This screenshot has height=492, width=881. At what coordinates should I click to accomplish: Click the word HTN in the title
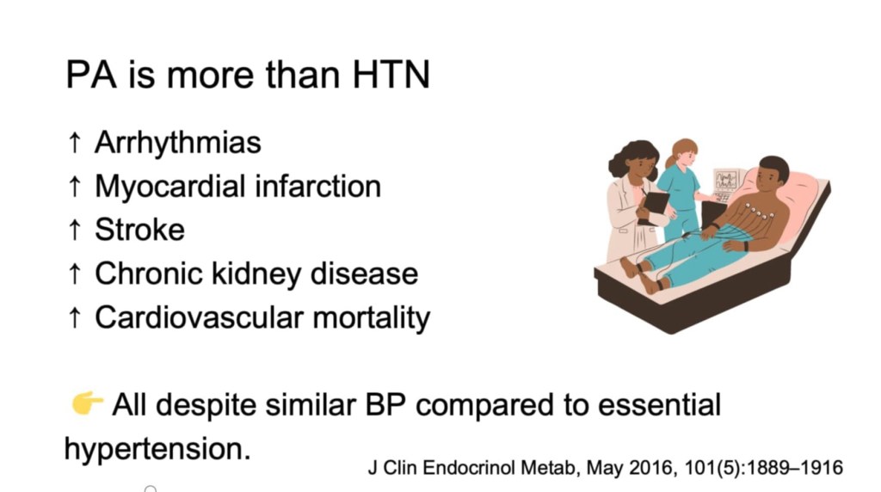coord(391,75)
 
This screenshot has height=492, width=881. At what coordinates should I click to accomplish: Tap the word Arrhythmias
coord(177,142)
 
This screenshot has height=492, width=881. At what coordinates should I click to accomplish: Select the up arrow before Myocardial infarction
coord(74,187)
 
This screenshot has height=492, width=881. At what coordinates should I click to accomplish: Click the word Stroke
coord(139,230)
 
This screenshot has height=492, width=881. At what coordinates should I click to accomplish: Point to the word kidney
coord(258,274)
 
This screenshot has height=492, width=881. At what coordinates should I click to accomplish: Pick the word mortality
coord(371,318)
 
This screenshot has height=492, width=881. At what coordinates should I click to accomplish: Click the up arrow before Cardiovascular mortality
coord(74,318)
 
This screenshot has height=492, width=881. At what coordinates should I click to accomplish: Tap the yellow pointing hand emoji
coord(87,403)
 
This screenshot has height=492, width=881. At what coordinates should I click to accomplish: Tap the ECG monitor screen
coord(726,180)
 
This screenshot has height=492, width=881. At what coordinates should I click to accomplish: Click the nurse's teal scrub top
coord(680,188)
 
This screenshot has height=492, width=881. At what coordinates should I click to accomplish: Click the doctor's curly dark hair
coord(632,158)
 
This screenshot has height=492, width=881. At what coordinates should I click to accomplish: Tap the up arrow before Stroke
coord(74,231)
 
